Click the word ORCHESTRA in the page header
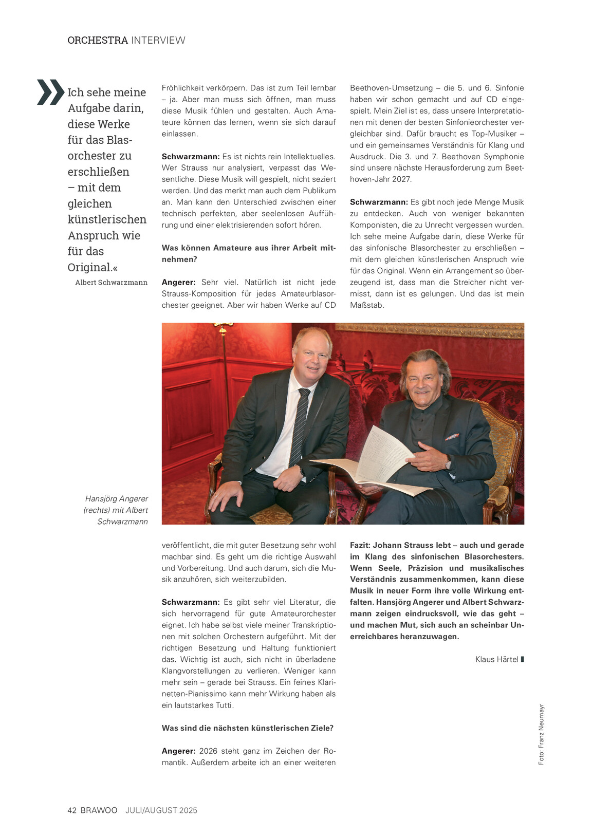[98, 40]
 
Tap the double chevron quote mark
[50, 92]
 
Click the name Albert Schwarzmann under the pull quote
[111, 283]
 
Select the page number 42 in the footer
[72, 810]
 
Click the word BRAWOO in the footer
[99, 810]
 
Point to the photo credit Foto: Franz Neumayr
[541, 734]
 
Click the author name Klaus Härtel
[496, 659]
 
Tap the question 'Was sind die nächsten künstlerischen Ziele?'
[247, 728]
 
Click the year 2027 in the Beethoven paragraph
[402, 179]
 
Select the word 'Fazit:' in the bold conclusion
[360, 545]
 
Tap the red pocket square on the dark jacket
[452, 437]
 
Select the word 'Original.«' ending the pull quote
[92, 267]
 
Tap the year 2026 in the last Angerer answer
[208, 751]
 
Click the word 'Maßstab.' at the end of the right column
[367, 305]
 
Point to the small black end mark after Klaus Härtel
[523, 659]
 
